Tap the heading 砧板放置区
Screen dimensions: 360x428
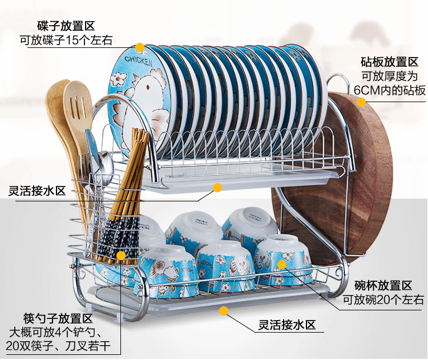[x=390, y=62]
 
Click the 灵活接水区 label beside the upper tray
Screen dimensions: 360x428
[x=37, y=190]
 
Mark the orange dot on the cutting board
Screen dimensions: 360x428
[x=361, y=103]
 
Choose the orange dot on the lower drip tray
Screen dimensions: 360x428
[x=224, y=311]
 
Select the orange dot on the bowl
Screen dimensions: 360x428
[x=281, y=264]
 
